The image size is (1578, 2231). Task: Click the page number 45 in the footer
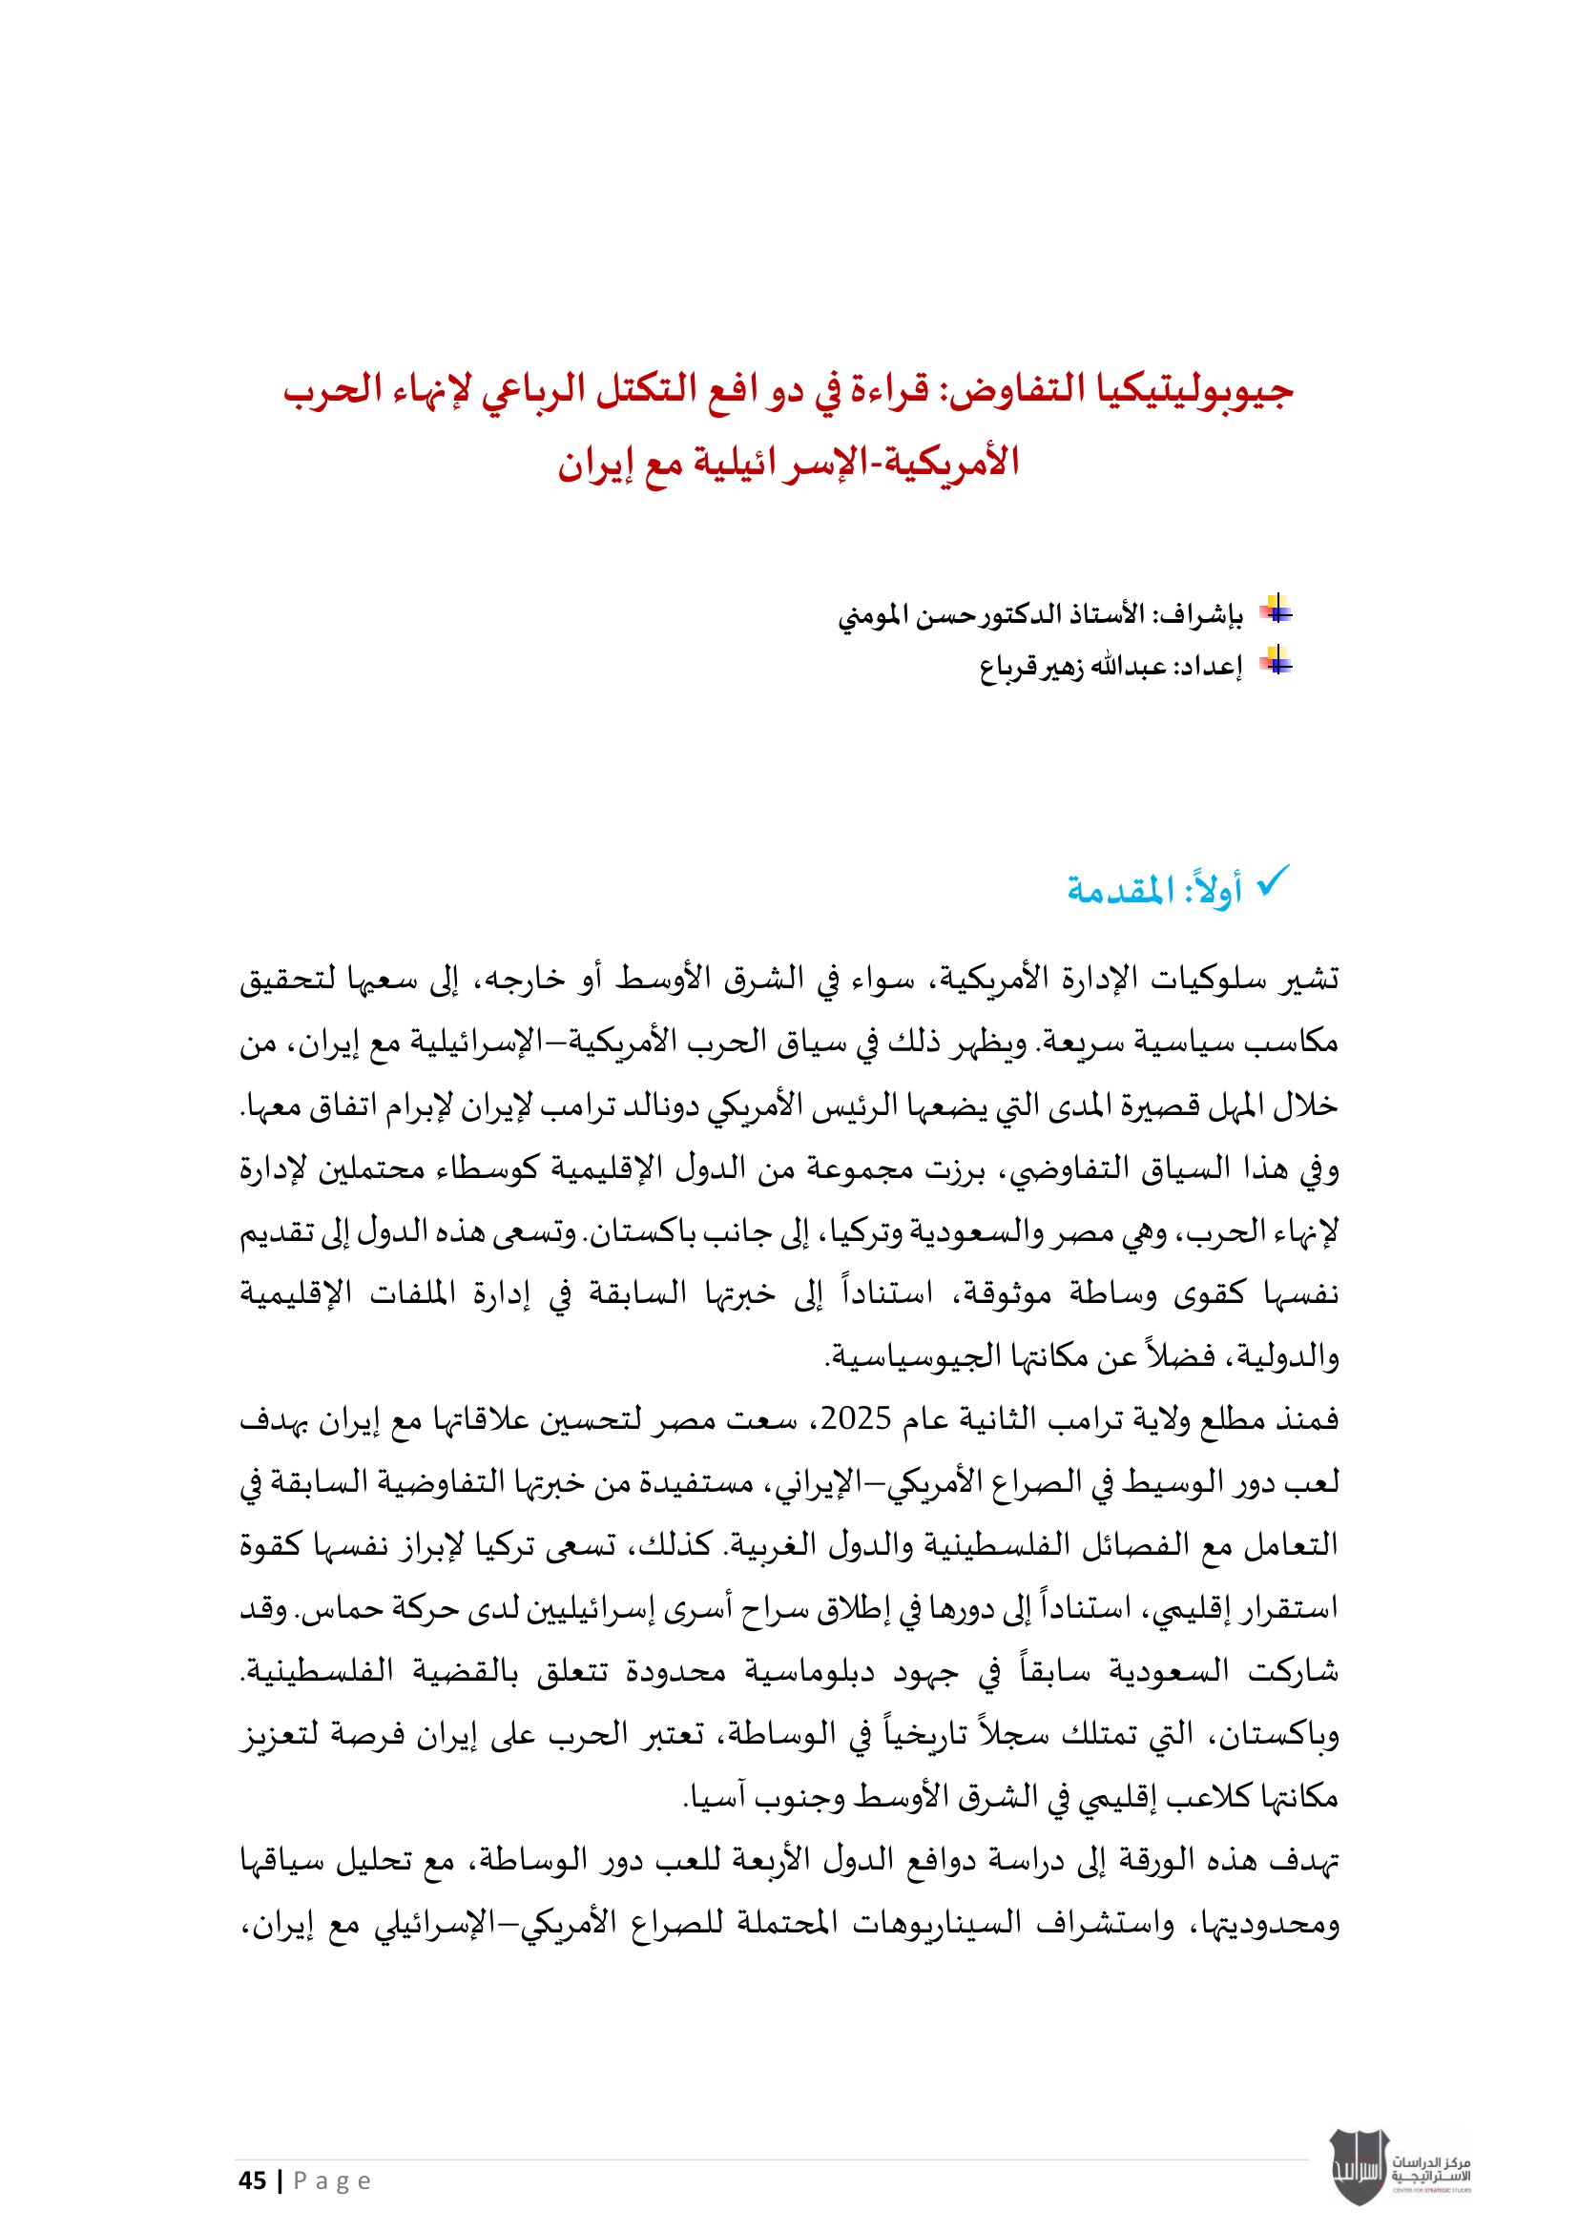click(252, 2180)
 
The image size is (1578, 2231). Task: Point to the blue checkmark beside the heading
click(1273, 880)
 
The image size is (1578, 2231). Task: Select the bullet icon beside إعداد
click(1276, 663)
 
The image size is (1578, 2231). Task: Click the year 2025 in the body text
click(856, 1419)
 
